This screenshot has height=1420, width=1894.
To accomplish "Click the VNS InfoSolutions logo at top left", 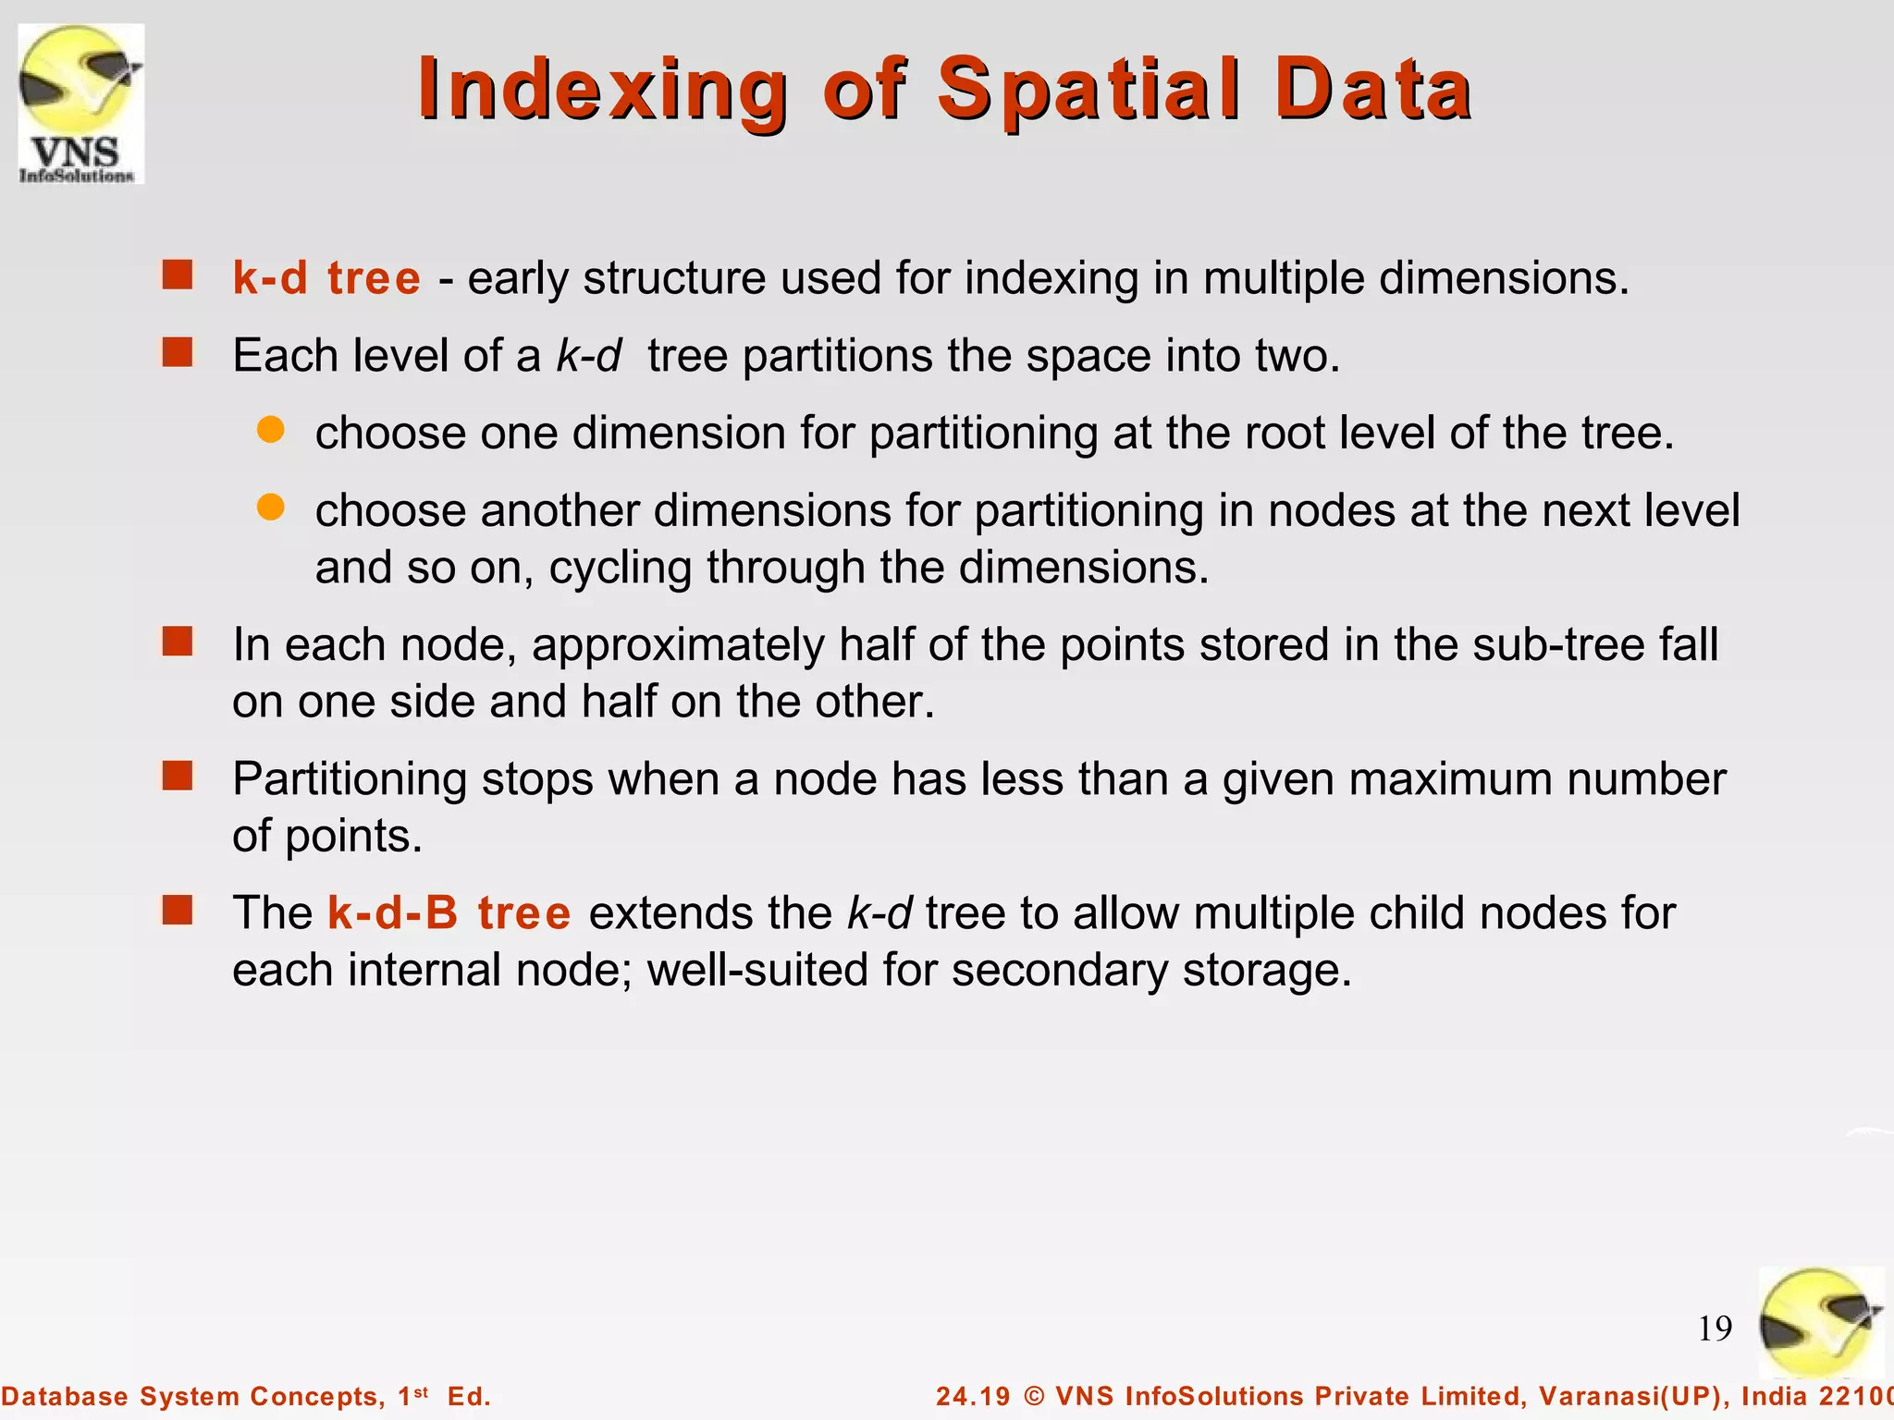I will tap(81, 104).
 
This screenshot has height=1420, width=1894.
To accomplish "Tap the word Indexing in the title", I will tap(602, 90).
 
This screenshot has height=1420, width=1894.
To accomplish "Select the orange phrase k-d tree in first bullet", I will tap(326, 278).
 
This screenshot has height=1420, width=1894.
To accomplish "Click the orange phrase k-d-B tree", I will tap(449, 913).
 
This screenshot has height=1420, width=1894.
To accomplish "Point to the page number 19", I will tap(1715, 1328).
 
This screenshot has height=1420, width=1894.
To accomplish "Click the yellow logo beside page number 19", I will tap(1819, 1323).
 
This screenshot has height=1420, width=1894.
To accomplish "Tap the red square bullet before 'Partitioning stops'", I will tap(177, 776).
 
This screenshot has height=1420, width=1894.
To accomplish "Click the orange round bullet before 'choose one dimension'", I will tap(270, 430).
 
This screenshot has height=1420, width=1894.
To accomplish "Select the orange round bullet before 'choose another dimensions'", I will tap(270, 507).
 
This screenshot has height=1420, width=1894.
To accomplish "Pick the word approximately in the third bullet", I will tap(678, 645).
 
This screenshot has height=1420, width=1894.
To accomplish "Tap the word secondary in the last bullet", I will tap(1059, 971).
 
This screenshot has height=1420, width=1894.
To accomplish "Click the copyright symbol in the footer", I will tap(1035, 1396).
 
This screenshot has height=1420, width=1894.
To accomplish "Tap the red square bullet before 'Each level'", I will tap(177, 352).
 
